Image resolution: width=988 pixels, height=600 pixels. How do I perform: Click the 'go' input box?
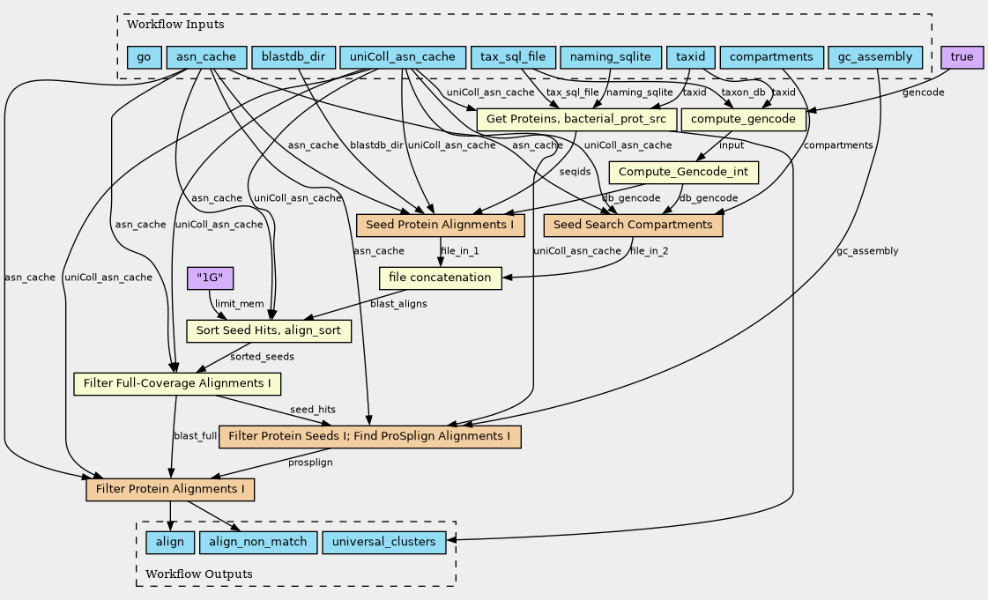[144, 58]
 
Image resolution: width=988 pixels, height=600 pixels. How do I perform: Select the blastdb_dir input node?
[293, 58]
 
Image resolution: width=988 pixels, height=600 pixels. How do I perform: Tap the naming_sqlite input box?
[610, 58]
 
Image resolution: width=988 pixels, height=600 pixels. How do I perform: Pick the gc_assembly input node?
[875, 58]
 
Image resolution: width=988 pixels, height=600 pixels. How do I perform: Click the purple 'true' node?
[962, 58]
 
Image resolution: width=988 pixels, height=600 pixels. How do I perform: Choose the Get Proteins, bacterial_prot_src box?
[576, 119]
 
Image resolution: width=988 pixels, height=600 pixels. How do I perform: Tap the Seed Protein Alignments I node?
[441, 226]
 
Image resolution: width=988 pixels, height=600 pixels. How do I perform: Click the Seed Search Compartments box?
[633, 226]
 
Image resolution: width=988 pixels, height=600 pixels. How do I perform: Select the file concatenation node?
[441, 278]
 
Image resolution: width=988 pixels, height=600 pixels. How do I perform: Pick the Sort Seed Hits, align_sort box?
[269, 331]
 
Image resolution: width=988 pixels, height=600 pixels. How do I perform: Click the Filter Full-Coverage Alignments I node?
[177, 384]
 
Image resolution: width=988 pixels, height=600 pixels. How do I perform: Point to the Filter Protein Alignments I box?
[170, 490]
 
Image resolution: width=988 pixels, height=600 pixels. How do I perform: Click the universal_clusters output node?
[384, 543]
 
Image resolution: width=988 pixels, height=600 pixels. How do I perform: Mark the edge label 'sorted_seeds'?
[262, 357]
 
